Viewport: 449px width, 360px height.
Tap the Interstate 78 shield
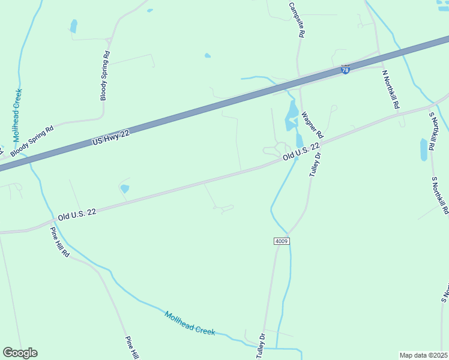(x=345, y=70)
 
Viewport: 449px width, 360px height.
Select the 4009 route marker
(x=282, y=241)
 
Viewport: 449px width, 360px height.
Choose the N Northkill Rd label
(x=391, y=88)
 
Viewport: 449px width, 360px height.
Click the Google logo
(x=20, y=353)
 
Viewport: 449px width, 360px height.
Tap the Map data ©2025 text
(x=424, y=355)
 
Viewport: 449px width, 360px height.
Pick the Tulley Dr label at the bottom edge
(x=261, y=346)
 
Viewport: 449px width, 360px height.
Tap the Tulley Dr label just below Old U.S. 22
(x=315, y=164)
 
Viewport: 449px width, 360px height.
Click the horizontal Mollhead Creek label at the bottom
(x=190, y=323)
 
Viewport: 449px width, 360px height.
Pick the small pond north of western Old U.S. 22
(x=125, y=188)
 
